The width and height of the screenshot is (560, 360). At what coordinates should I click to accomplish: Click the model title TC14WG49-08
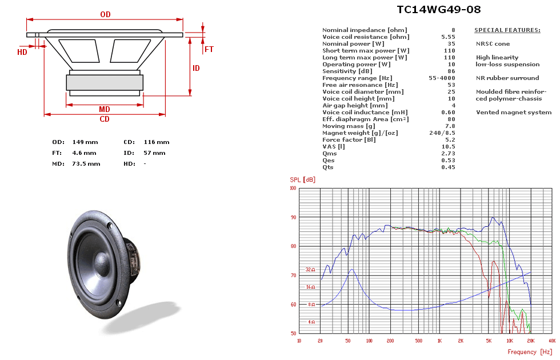point(438,9)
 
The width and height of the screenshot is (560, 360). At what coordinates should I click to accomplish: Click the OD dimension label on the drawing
point(105,15)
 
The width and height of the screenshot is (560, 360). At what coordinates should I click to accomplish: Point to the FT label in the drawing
point(209,50)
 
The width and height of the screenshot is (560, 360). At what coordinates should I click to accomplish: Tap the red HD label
point(22,52)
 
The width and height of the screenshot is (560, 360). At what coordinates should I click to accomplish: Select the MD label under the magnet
point(105,109)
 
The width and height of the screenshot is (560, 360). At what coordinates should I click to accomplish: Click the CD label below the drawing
point(105,119)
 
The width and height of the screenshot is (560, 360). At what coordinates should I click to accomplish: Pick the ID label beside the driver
point(196,69)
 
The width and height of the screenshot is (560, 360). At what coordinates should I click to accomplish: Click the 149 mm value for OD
point(85,142)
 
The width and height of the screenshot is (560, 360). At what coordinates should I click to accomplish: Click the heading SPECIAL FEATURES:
point(507,30)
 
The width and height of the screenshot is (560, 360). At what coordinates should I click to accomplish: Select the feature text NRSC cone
point(493,43)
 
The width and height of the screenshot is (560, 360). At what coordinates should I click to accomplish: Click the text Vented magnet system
point(514,112)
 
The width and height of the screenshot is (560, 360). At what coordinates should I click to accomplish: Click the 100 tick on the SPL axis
point(293,188)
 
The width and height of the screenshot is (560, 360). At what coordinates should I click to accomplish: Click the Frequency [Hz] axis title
point(530,352)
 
